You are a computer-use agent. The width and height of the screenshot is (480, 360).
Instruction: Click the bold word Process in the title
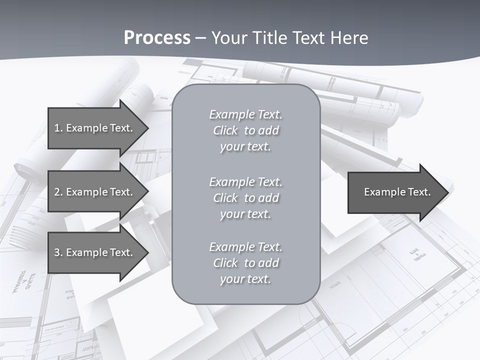click(157, 38)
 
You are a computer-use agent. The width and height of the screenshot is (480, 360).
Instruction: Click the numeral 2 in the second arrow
click(57, 192)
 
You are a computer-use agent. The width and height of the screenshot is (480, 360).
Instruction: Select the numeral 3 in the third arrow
click(57, 252)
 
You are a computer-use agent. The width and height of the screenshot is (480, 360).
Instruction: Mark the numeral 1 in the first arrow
click(57, 128)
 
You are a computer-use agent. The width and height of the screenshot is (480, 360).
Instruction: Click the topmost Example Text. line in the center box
click(245, 114)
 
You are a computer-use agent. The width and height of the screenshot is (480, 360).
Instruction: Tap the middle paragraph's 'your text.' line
click(245, 214)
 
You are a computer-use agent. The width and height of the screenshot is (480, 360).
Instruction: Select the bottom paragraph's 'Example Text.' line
click(245, 247)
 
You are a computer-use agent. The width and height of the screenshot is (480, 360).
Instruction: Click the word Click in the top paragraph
click(225, 130)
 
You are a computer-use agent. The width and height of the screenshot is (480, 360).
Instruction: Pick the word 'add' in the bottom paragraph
click(269, 263)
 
